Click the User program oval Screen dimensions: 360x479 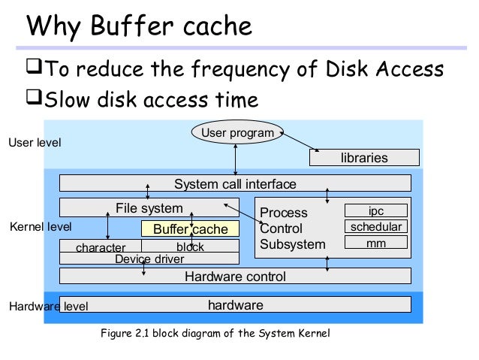pyautogui.click(x=236, y=134)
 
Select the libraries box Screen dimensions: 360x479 pyautogui.click(x=364, y=158)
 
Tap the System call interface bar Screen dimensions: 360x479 pyautogui.click(x=235, y=184)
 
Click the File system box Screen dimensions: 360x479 pyautogui.click(x=149, y=207)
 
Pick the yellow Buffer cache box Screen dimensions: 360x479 pyautogui.click(x=190, y=228)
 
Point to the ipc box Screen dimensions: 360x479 pyautogui.click(x=375, y=211)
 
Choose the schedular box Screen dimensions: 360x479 pyautogui.click(x=375, y=227)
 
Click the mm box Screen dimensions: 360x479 pyautogui.click(x=375, y=243)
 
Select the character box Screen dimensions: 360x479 pyautogui.click(x=101, y=247)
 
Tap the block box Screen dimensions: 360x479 pyautogui.click(x=190, y=247)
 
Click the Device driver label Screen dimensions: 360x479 pyautogui.click(x=149, y=259)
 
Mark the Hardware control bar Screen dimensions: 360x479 pyautogui.click(x=235, y=277)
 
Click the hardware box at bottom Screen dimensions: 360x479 pyautogui.click(x=235, y=305)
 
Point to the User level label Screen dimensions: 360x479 pyautogui.click(x=35, y=142)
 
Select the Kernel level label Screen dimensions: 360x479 pyautogui.click(x=41, y=226)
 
